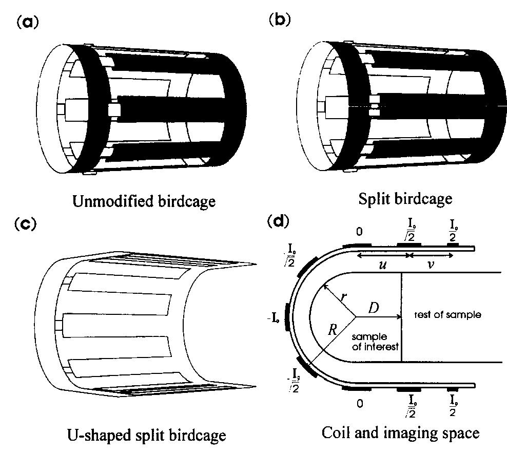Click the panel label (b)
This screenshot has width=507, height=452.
(x=279, y=20)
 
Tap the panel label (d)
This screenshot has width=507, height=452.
(x=279, y=221)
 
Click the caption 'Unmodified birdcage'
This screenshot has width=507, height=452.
(x=144, y=201)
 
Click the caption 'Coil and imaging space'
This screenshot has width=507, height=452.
(x=401, y=432)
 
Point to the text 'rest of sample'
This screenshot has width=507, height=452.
(x=447, y=314)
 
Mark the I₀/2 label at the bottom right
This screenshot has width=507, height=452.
(x=454, y=406)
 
